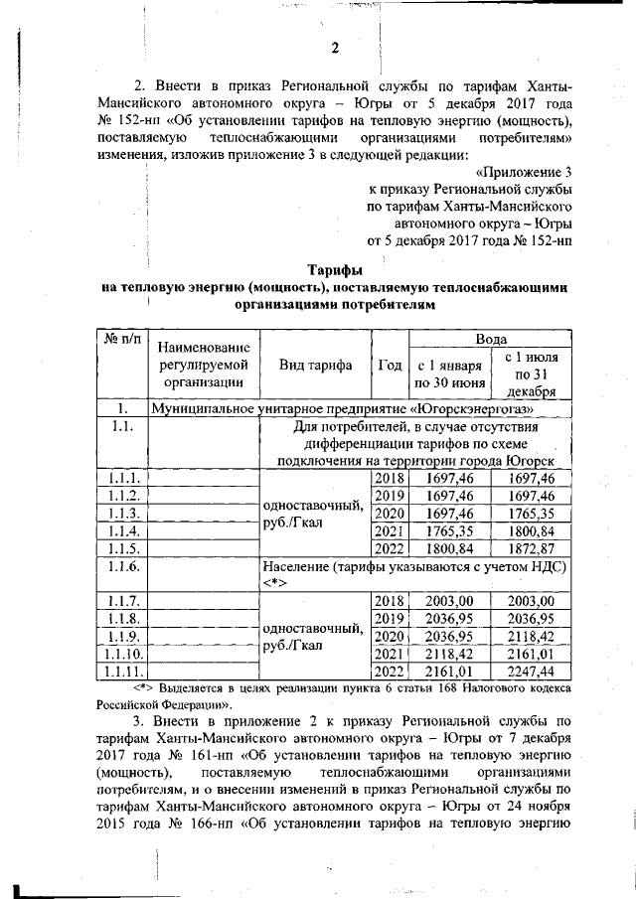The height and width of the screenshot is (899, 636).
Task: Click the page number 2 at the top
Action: click(334, 49)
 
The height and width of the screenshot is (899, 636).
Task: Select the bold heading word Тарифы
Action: click(334, 269)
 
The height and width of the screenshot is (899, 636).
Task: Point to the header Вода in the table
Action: click(493, 339)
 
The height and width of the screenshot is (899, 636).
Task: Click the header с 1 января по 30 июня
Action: click(450, 373)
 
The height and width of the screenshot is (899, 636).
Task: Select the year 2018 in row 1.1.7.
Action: click(389, 601)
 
